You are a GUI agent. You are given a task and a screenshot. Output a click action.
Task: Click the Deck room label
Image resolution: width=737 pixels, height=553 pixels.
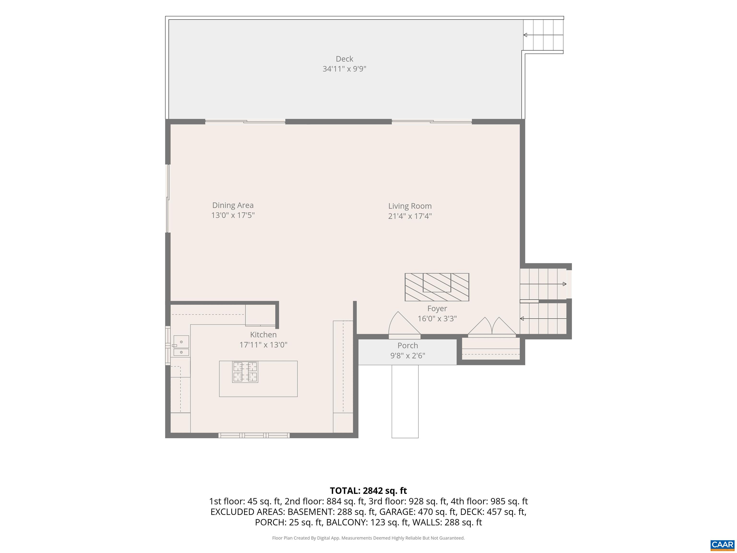coord(344,59)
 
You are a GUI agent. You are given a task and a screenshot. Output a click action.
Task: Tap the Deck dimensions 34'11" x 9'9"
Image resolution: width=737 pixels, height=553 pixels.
coord(344,69)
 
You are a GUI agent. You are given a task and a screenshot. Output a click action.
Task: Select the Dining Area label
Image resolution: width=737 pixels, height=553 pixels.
coord(233,205)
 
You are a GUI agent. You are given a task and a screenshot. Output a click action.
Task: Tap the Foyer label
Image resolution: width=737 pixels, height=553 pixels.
coord(437,309)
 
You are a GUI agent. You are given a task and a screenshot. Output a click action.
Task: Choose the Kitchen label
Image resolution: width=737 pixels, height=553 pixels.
coord(263,335)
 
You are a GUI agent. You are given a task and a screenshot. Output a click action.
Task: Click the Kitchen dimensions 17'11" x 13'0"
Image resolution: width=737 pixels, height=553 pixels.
coord(263,345)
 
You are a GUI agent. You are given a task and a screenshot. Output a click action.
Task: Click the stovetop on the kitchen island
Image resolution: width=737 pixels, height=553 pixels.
coord(245,372)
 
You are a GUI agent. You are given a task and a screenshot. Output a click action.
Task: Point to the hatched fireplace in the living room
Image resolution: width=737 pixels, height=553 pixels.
coord(437,287)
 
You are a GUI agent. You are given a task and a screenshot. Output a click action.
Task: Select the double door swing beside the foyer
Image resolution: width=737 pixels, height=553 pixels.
coord(492,327)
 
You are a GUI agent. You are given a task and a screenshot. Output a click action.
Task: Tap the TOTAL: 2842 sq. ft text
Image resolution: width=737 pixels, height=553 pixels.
coord(368,491)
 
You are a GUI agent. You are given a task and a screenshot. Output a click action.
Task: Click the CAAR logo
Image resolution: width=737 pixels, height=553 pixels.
coord(722,545)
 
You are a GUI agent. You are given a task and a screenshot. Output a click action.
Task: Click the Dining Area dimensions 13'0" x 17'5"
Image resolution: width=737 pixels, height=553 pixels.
coord(233,215)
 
